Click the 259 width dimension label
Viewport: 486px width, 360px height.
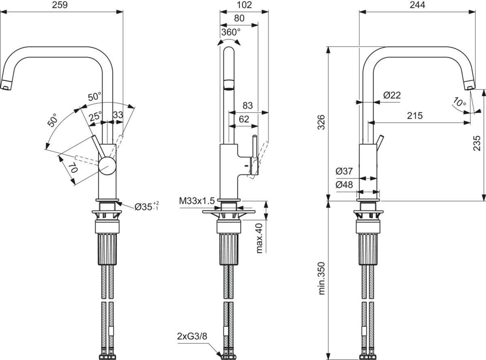pos(60,5)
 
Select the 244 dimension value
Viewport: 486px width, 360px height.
pos(418,5)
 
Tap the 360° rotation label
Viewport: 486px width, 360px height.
pos(231,32)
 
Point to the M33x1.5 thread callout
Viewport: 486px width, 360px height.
pos(197,201)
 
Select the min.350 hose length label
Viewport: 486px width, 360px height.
pos(322,278)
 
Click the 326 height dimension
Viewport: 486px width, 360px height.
pos(322,122)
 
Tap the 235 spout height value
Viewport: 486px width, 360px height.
pos(477,143)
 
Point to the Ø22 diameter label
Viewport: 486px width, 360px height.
pos(392,95)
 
